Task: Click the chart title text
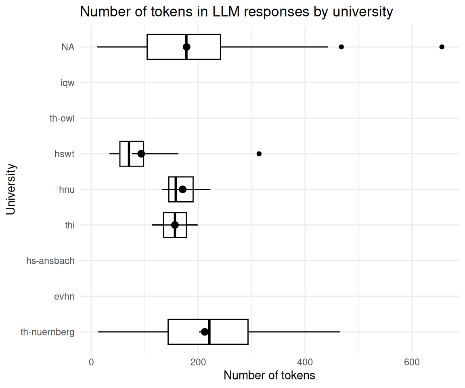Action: [x=236, y=12]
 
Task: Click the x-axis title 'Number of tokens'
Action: [x=269, y=375]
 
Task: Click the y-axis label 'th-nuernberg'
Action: [x=48, y=332]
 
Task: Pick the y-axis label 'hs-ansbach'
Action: [x=50, y=261]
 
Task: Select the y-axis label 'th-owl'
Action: [x=62, y=118]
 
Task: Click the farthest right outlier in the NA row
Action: [x=442, y=47]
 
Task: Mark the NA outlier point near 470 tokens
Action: [x=341, y=47]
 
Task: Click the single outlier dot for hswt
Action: [x=259, y=154]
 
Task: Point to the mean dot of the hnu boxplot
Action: [x=182, y=189]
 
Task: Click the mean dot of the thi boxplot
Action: [x=175, y=225]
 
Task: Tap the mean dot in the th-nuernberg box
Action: [x=205, y=332]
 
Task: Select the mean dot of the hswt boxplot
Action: [x=141, y=154]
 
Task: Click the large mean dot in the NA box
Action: [x=186, y=47]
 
